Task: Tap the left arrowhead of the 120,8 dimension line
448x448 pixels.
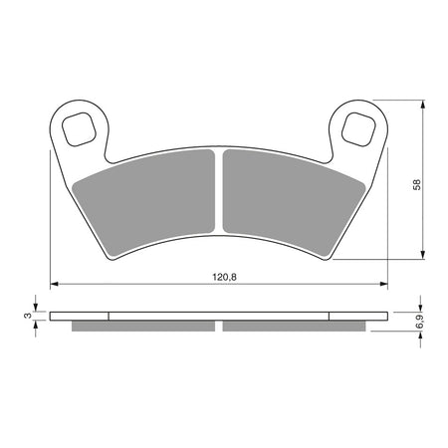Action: click(x=55, y=284)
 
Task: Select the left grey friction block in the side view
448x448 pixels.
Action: click(x=143, y=327)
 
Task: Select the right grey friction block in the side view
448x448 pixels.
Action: click(x=295, y=327)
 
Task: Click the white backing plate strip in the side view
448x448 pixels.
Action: click(x=219, y=318)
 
